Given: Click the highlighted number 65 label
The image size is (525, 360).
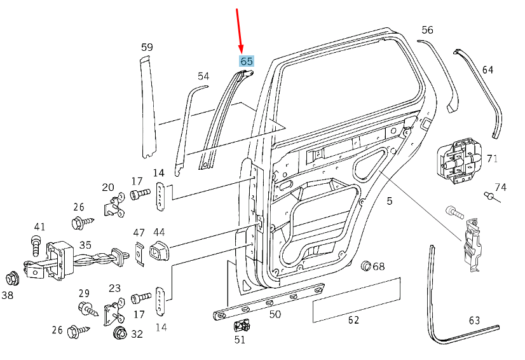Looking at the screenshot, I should pyautogui.click(x=246, y=62).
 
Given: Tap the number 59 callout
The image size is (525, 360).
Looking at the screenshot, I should pyautogui.click(x=147, y=47).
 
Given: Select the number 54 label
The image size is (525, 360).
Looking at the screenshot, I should pyautogui.click(x=203, y=76).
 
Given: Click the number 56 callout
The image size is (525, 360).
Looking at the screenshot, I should pyautogui.click(x=427, y=30).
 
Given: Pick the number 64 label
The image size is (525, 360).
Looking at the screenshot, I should pyautogui.click(x=487, y=69).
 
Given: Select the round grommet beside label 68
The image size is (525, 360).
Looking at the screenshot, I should pyautogui.click(x=365, y=265).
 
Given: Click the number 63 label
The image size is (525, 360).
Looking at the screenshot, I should pyautogui.click(x=474, y=320).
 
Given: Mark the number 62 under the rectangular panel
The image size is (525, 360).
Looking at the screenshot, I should pyautogui.click(x=353, y=320).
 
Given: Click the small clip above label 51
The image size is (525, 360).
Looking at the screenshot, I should pyautogui.click(x=241, y=326).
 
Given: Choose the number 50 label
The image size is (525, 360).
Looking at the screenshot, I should pyautogui.click(x=275, y=314).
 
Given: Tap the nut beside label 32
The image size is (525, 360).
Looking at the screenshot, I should pyautogui.click(x=118, y=333).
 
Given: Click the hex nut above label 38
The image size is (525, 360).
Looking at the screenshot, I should pyautogui.click(x=11, y=278).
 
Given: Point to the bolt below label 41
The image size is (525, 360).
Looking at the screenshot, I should pyautogui.click(x=36, y=244).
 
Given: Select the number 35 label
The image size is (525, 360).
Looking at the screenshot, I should pyautogui.click(x=85, y=244).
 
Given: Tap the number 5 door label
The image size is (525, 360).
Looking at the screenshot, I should pyautogui.click(x=390, y=201).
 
